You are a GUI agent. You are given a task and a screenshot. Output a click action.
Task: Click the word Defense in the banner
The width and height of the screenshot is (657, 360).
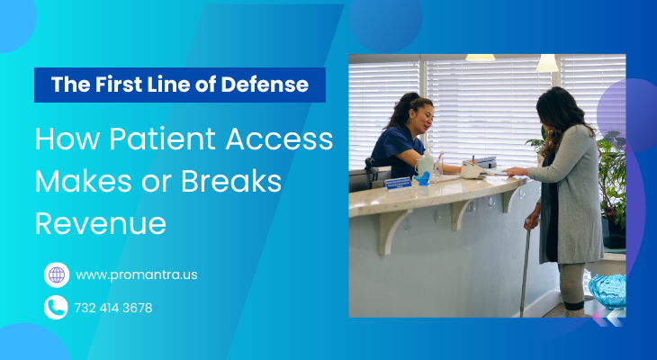[x=265, y=85]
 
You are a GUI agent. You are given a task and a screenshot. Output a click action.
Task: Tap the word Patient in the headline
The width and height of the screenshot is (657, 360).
[x=163, y=139]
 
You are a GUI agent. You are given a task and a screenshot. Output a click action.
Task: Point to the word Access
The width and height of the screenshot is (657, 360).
[x=280, y=139]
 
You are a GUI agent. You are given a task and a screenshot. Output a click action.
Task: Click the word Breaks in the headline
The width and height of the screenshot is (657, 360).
[x=231, y=181]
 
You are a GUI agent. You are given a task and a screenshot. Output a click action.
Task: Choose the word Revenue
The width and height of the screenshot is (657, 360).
[x=101, y=223]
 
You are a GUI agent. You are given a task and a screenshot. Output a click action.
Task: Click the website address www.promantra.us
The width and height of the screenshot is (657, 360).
[x=137, y=275]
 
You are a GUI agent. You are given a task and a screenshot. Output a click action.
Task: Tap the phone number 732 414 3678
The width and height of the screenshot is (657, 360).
[x=113, y=309]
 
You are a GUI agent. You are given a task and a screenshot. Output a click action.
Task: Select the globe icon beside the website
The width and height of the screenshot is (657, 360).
[x=57, y=274]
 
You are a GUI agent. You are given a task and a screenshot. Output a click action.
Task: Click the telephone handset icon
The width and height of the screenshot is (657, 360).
[x=56, y=308]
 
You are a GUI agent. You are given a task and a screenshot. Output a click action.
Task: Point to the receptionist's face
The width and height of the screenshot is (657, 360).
[x=424, y=118]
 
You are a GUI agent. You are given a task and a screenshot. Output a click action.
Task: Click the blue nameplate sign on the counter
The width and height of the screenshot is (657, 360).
[x=398, y=183]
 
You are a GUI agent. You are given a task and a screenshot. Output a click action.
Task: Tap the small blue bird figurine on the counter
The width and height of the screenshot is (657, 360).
[x=422, y=178]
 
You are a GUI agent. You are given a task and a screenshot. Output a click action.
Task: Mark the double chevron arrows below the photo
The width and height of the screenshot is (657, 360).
[x=607, y=318]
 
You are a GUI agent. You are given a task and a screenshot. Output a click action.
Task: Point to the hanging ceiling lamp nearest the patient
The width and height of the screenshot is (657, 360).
[x=547, y=63]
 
